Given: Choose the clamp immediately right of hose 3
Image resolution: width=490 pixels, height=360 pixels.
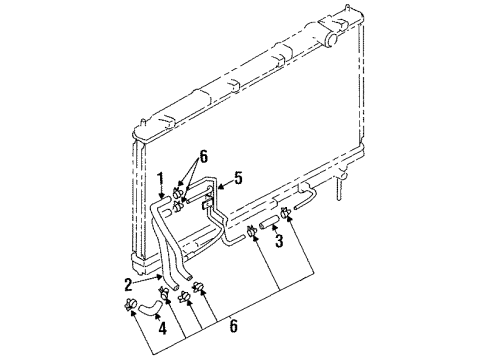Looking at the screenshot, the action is coord(288,210).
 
